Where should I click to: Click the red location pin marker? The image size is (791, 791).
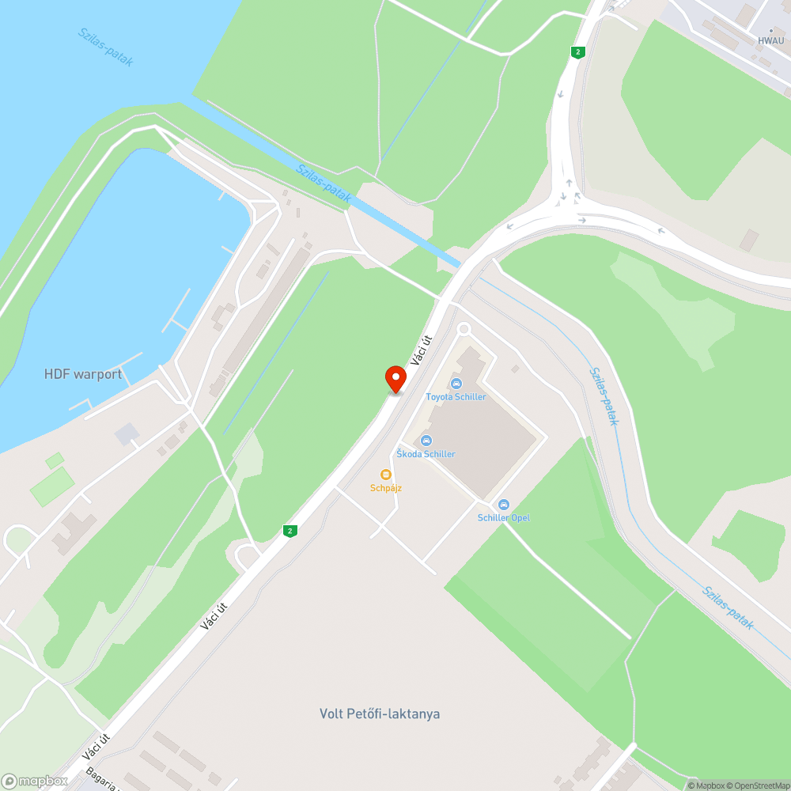(395, 379)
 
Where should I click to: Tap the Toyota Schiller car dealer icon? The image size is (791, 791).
(456, 384)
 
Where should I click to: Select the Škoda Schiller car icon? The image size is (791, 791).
(426, 441)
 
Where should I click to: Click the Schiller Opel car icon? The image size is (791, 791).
(503, 505)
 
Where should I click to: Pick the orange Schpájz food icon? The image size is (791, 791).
(386, 475)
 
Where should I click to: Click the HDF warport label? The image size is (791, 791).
(83, 374)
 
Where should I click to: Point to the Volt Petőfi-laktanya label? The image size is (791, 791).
(380, 713)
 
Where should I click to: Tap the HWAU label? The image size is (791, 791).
(770, 40)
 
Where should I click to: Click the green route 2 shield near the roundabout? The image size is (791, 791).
(578, 52)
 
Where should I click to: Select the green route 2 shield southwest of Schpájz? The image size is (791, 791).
(291, 531)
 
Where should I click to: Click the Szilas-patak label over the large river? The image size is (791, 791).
(106, 47)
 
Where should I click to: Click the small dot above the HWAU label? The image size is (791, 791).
(771, 31)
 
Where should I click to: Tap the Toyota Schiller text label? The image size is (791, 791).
(456, 397)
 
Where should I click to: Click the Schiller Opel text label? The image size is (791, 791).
(504, 518)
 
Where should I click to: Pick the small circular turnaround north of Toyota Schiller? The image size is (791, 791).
(464, 328)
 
